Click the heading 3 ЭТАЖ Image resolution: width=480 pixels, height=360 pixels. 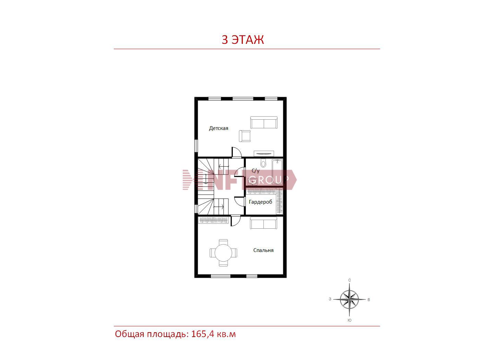(242, 39)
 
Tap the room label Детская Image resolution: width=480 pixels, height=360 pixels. (218, 128)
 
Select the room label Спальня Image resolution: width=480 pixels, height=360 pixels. (263, 250)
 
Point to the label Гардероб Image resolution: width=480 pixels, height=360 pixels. (261, 202)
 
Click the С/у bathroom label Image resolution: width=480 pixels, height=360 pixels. (255, 170)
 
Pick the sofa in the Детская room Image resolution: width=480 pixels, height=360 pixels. (264, 122)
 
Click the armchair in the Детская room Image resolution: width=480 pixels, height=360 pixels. (245, 136)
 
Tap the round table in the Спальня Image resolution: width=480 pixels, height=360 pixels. (223, 253)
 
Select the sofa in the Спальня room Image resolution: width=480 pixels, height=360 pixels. (264, 223)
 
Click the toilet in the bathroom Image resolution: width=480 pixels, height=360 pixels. (263, 163)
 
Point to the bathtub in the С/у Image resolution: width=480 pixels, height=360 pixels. (277, 172)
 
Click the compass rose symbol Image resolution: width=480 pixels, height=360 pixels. (349, 299)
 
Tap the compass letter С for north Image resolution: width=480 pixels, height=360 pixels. (349, 280)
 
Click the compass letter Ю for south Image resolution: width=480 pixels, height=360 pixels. (349, 320)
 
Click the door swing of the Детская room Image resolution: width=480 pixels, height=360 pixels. (237, 152)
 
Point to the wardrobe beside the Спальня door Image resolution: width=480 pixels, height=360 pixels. (213, 220)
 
